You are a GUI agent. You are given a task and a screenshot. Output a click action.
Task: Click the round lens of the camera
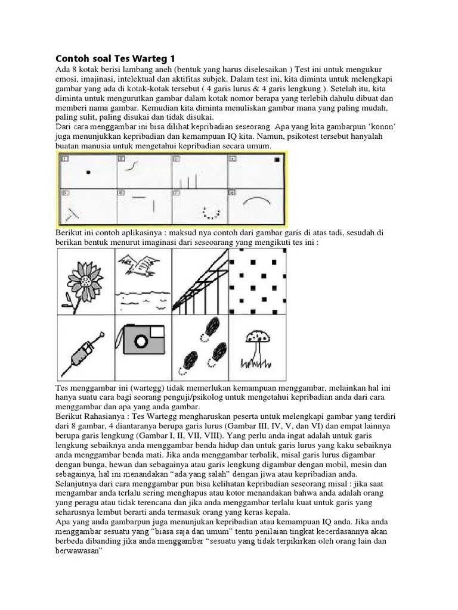pyautogui.click(x=141, y=341)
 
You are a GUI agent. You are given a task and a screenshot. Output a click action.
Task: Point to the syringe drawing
pyautogui.click(x=83, y=349)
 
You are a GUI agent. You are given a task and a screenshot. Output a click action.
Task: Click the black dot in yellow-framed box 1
pyautogui.click(x=88, y=172)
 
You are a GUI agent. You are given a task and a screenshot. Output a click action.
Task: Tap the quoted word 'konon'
pyautogui.click(x=380, y=127)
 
